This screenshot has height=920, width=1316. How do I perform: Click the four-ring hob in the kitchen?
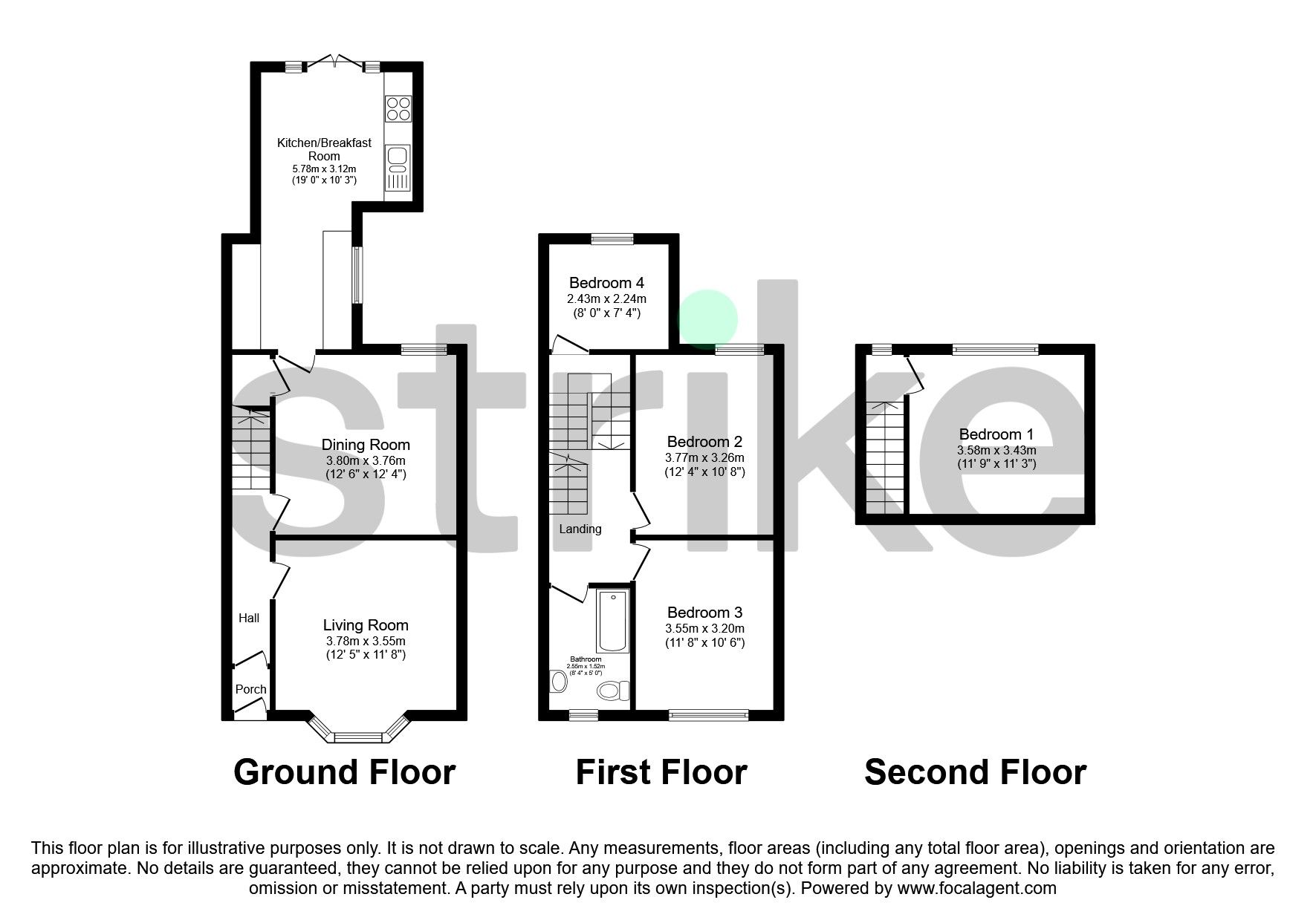398,108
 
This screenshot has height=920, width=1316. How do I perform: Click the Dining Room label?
366,445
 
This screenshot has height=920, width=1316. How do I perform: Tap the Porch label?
250,689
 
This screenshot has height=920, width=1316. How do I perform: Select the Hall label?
249,618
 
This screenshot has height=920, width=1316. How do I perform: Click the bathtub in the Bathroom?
612,621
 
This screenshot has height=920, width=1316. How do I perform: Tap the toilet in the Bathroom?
612,691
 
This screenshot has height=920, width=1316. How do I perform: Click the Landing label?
580,529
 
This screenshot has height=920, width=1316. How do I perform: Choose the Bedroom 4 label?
606,283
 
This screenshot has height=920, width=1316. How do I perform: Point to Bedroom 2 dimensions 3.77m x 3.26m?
704,458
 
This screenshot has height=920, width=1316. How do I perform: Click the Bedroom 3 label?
704,613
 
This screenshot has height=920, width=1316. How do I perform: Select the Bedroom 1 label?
996,434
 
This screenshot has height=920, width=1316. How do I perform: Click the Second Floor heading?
975,772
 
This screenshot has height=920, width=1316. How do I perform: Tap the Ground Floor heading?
344,772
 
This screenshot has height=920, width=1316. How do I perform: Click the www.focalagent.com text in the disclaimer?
976,888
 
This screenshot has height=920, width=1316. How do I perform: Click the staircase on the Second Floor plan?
884,457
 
